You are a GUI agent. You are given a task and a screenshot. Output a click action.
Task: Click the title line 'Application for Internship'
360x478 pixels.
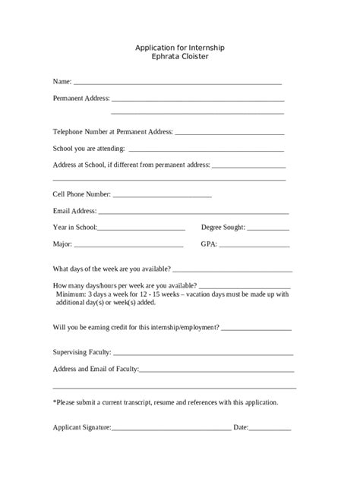pos(180,47)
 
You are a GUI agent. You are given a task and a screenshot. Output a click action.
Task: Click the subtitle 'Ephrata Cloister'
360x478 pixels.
pos(180,56)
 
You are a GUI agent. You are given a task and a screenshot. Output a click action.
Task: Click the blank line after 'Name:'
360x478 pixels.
pos(178,82)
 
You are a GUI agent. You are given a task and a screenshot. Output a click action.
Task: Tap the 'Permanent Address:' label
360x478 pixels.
pos(81,98)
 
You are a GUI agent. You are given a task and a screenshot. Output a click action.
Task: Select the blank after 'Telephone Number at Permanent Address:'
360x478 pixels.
pos(229,134)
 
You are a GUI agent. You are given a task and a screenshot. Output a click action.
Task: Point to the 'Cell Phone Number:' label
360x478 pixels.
pos(81,193)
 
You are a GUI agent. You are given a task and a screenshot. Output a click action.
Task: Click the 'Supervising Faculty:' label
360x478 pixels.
pos(82,352)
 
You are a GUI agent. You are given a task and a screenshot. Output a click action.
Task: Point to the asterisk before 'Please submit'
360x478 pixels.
pos(54,401)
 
